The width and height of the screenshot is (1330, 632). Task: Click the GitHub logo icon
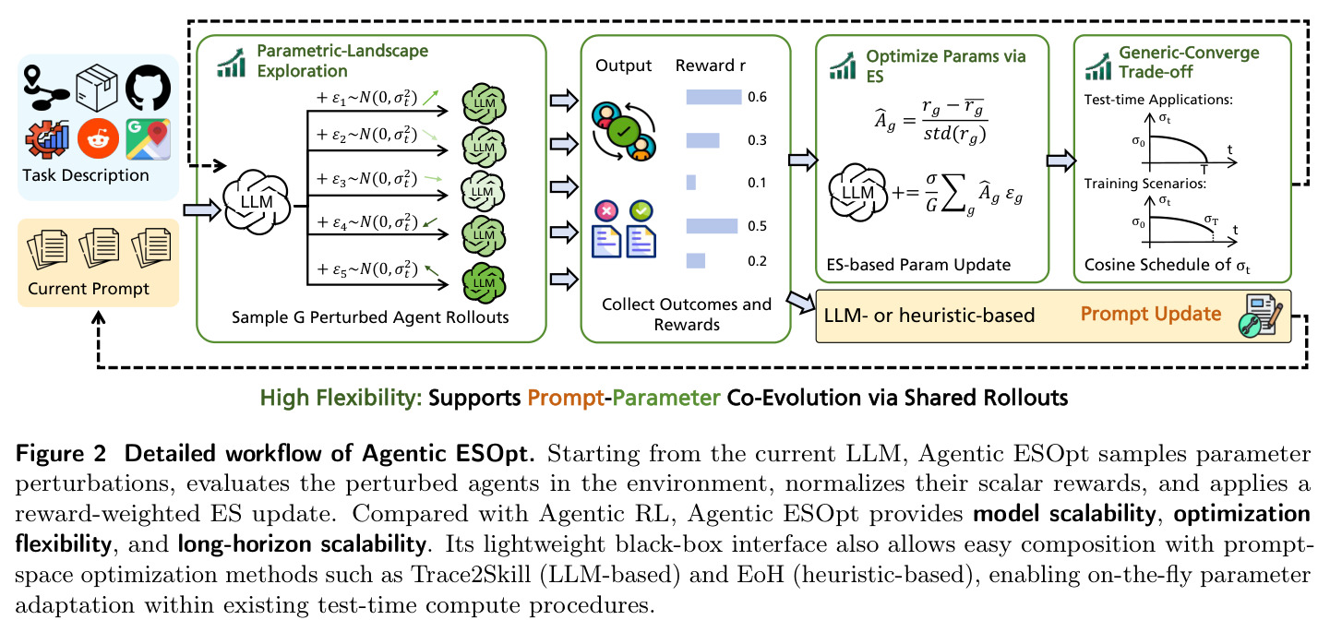pos(148,88)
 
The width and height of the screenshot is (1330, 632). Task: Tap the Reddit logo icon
pos(98,138)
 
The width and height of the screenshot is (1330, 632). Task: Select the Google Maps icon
pos(148,139)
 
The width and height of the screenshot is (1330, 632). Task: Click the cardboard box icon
pos(97,89)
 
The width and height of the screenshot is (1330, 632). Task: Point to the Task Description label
pos(86,175)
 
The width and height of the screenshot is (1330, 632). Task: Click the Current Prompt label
pos(89,289)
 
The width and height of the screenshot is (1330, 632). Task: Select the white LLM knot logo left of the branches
pos(257,202)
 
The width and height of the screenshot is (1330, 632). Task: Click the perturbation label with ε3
pos(366,179)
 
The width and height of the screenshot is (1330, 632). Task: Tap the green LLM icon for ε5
pos(484,282)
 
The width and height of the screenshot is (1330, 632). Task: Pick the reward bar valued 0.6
pos(713,97)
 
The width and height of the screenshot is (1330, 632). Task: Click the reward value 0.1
pos(757,183)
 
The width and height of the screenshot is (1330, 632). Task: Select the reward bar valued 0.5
pos(712,226)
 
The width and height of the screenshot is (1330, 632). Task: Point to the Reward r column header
pos(710,66)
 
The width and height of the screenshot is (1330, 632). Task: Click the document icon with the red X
pos(606,229)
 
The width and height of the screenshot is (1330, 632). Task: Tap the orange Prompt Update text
pos(1151,314)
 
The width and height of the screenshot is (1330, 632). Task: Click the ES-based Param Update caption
pos(918,265)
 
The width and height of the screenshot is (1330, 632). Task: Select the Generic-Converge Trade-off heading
pos(1189,63)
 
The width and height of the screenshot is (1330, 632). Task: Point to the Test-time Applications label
pos(1158,100)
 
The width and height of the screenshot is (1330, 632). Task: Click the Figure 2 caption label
pos(61,454)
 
